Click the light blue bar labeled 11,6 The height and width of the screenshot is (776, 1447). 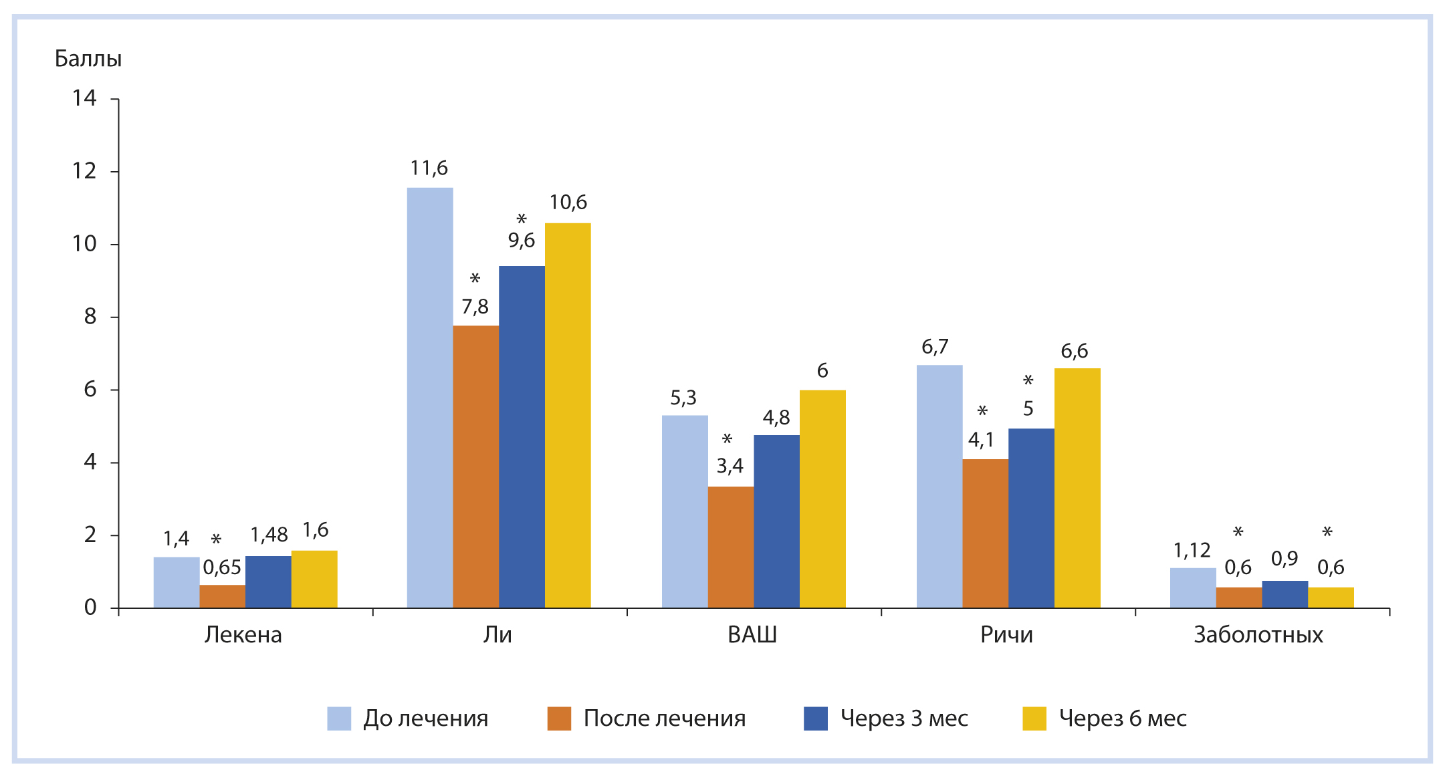430,398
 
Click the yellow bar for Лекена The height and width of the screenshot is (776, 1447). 314,579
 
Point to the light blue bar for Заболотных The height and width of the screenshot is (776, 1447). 1193,588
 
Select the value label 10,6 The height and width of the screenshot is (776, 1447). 568,203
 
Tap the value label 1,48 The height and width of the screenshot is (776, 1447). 269,535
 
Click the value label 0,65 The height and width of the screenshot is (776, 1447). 222,567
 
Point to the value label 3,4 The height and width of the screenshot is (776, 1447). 730,466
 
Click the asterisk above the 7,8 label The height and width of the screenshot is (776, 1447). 475,279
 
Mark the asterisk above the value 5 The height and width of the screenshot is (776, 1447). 1028,381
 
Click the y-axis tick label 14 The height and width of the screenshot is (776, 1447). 84,98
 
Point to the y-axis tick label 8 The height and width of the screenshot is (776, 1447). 90,316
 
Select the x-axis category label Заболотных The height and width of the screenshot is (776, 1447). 1258,634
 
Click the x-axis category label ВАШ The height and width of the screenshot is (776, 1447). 752,634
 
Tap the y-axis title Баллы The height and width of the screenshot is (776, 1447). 88,59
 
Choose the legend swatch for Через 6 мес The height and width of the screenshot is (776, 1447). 1034,719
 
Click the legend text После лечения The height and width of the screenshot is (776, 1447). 665,719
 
